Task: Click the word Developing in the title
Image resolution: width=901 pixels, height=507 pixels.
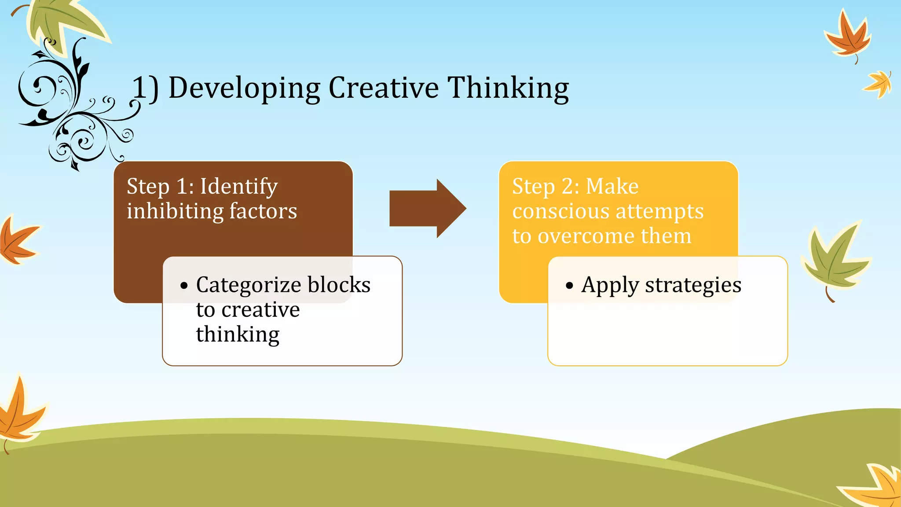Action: click(244, 88)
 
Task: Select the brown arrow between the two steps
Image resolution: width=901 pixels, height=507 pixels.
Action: click(427, 208)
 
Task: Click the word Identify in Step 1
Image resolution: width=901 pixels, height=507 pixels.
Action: click(239, 187)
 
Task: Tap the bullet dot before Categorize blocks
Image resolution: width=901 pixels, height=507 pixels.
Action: click(184, 286)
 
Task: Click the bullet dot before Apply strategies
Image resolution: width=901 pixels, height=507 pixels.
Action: click(570, 286)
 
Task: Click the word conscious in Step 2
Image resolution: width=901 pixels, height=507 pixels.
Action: click(560, 212)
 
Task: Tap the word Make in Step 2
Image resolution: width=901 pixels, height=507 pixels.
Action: click(612, 187)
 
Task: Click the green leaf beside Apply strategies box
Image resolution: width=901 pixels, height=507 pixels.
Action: click(834, 260)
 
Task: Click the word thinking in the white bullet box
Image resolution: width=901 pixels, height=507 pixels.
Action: click(238, 334)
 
